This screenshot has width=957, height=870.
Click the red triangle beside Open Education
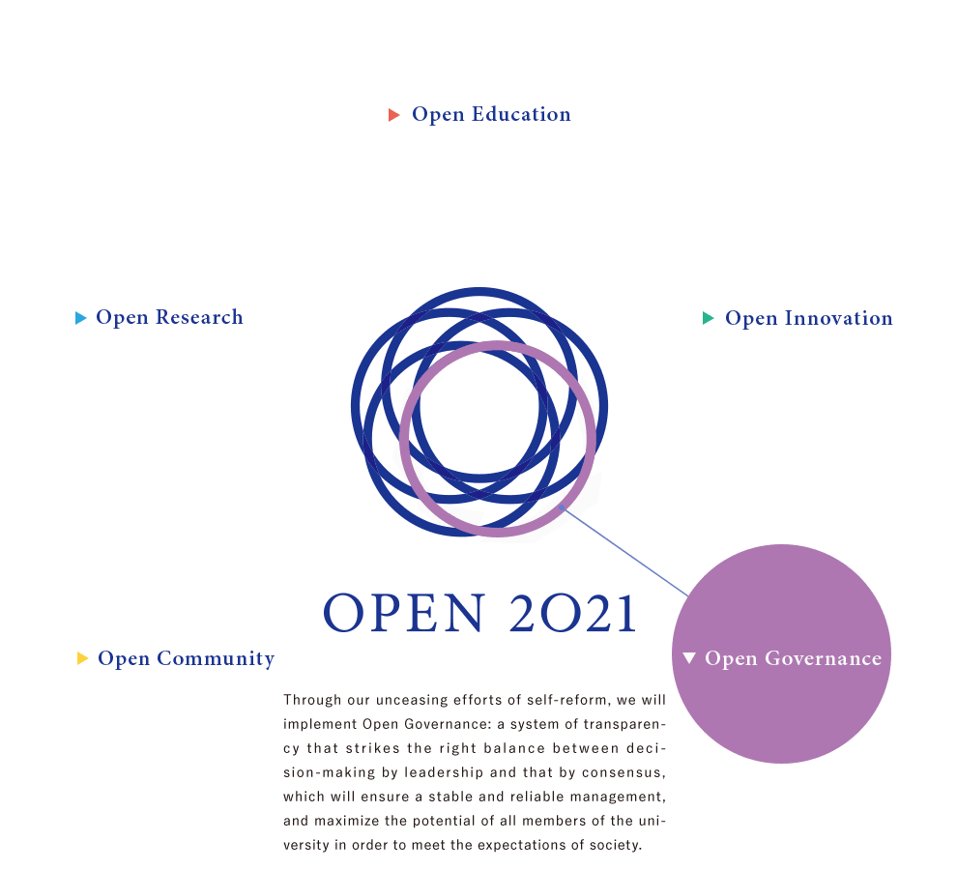393,115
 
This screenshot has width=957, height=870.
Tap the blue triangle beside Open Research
80,318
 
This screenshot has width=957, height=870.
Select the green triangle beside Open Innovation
708,318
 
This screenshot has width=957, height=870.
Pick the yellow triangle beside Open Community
82,658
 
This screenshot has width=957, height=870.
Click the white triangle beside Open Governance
689,657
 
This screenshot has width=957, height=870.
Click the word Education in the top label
521,114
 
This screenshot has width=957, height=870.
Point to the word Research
199,317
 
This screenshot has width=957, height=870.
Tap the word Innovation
839,318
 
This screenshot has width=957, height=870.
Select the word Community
216,658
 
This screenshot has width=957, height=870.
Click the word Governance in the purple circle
824,658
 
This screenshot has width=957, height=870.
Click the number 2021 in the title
573,613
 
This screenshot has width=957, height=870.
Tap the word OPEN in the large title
404,612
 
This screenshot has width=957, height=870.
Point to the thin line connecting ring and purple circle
624,551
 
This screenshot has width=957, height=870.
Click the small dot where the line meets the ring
562,507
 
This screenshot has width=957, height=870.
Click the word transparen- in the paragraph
624,724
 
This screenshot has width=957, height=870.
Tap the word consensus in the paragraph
623,773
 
